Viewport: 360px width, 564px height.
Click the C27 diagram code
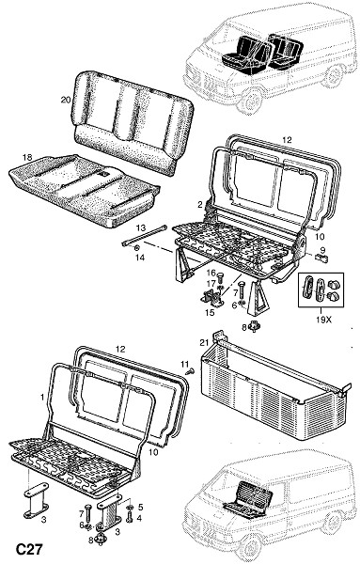[29, 549]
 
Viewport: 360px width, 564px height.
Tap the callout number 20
[66, 100]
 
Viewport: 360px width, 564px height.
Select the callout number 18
[27, 157]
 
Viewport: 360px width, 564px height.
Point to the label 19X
[323, 319]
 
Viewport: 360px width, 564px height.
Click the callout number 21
[204, 343]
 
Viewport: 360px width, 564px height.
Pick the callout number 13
[141, 228]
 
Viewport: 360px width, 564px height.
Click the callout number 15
[210, 313]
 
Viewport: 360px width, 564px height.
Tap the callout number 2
[200, 205]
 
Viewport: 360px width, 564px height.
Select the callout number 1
[42, 397]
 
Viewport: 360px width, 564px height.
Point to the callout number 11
[184, 365]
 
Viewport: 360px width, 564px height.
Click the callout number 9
[322, 249]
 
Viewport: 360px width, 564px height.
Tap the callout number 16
[211, 273]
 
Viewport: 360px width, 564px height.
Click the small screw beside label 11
[190, 371]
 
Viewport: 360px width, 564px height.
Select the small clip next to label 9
[321, 258]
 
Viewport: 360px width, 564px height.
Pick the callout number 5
[141, 508]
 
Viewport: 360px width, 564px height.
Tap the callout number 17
[211, 284]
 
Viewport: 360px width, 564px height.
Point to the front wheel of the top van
[251, 101]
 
